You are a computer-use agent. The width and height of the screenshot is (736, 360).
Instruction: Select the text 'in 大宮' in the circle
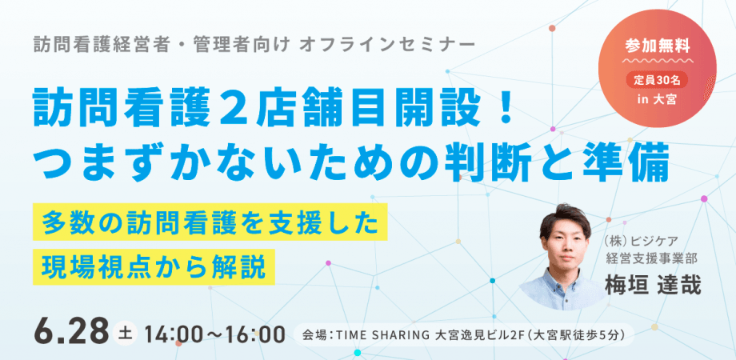[661, 99]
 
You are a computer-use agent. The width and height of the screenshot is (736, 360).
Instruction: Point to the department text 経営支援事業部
[651, 258]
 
